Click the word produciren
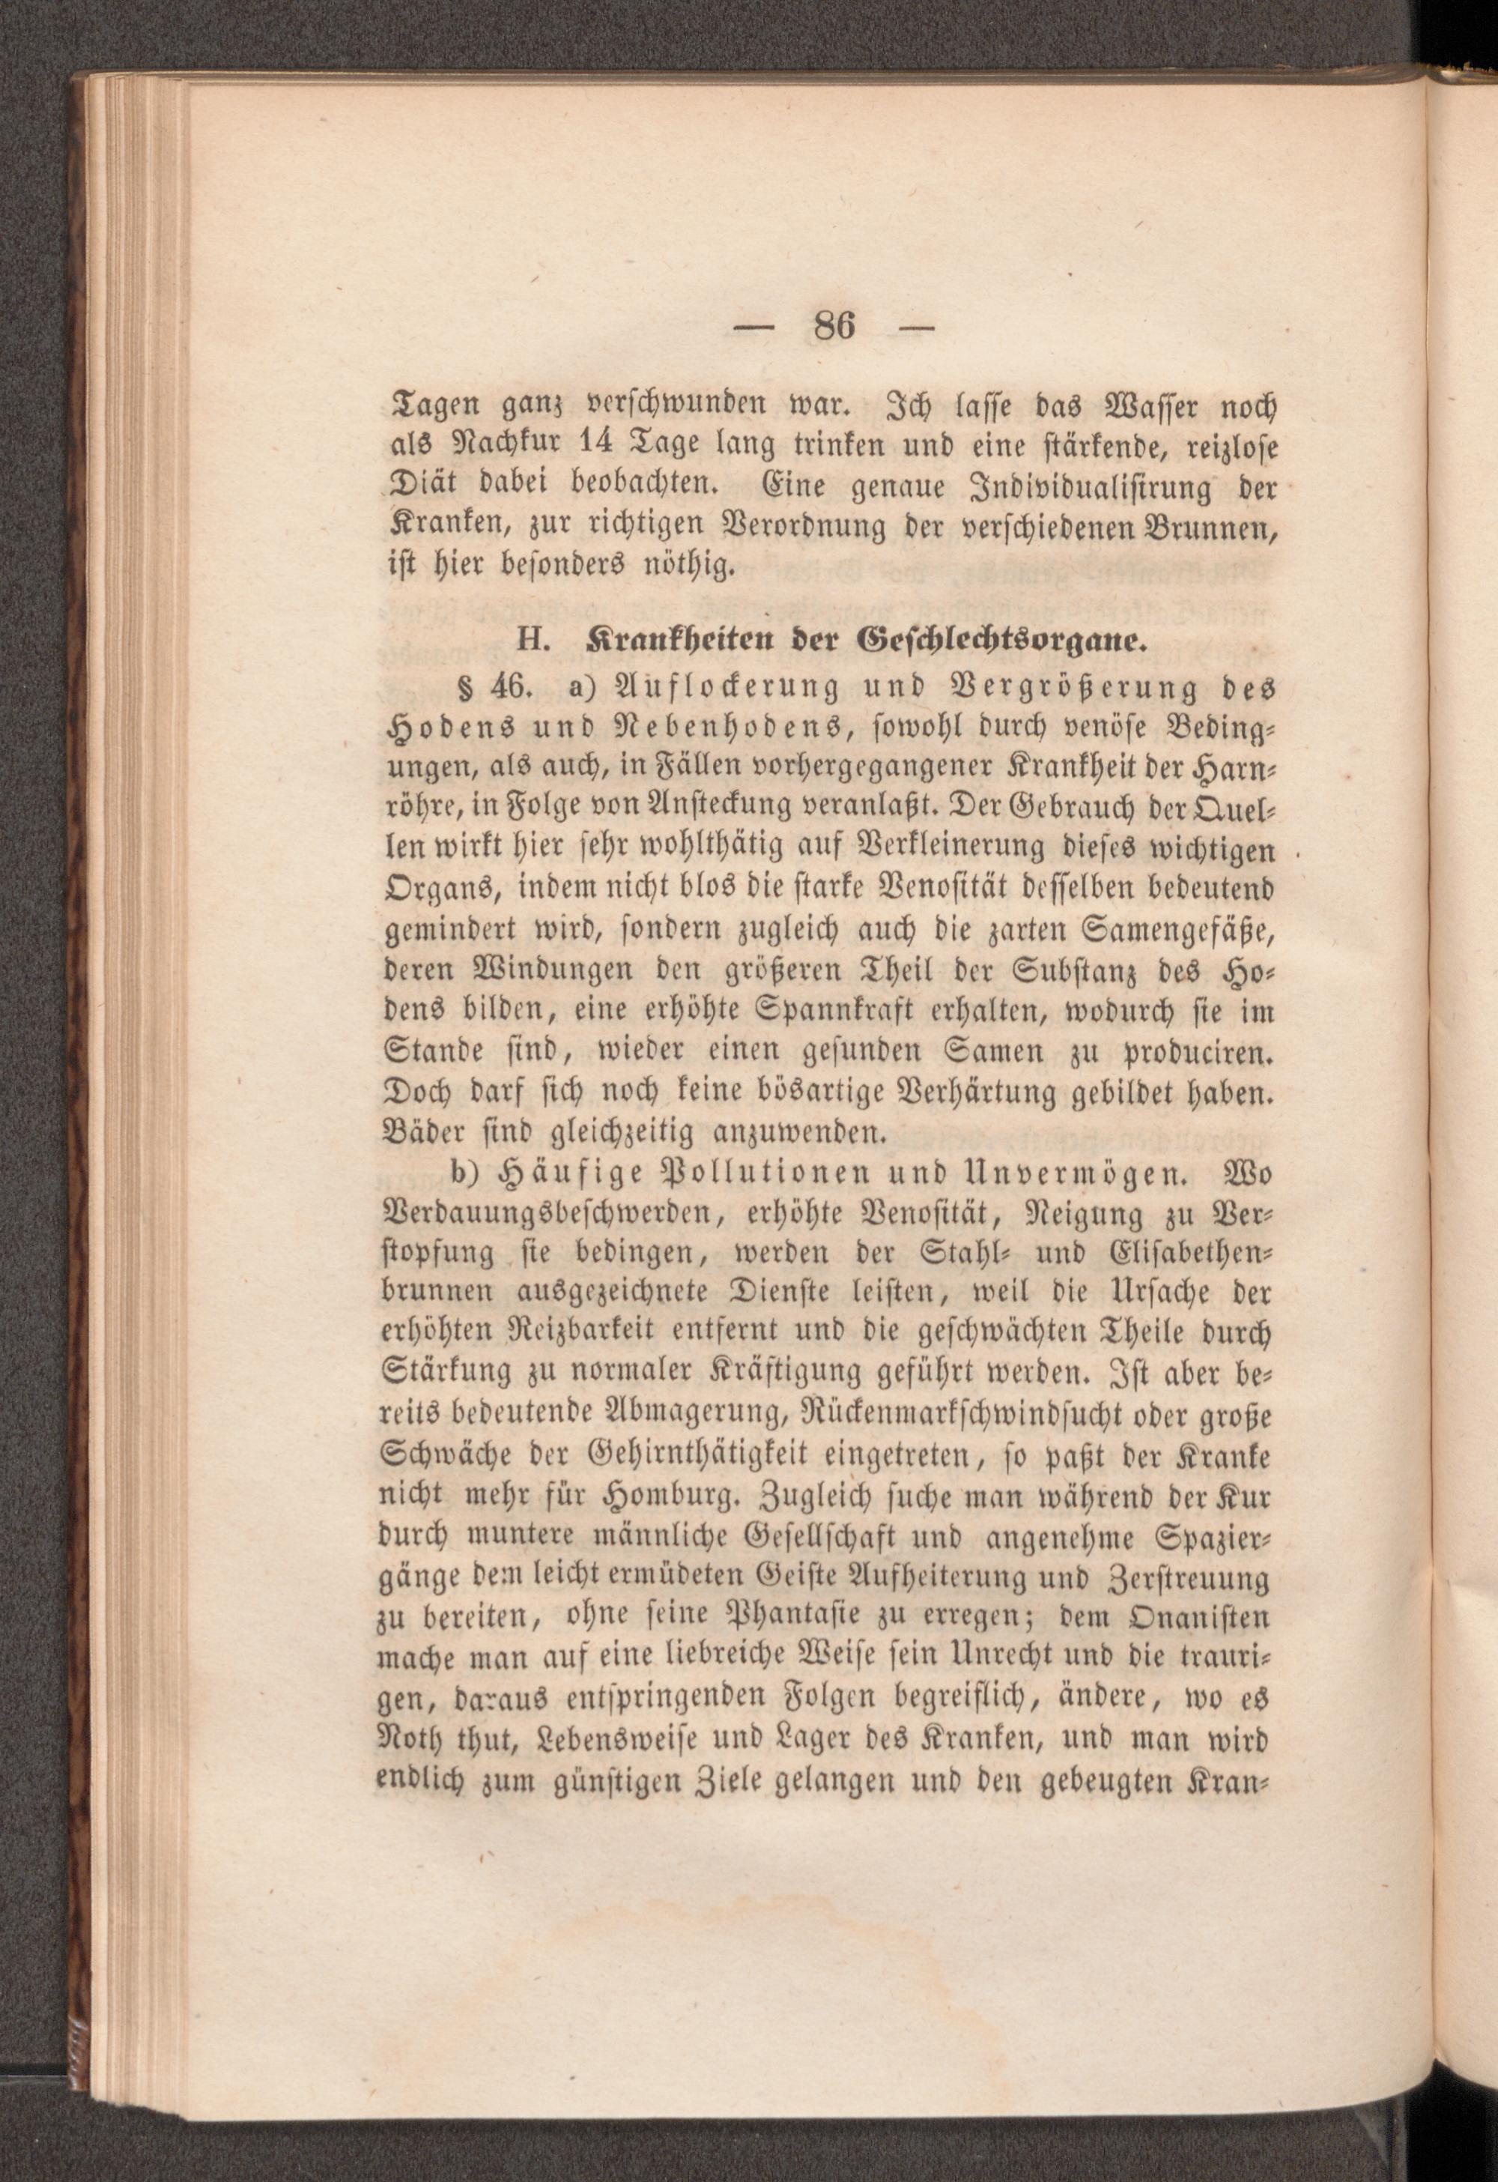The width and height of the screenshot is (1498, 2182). tap(1201, 1053)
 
